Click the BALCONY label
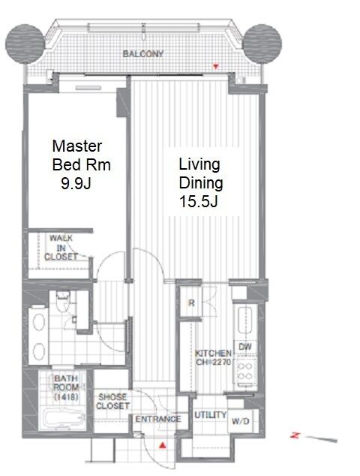[142, 54]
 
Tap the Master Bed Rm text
[81, 155]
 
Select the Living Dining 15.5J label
[201, 182]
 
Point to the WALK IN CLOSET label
[61, 248]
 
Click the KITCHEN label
[213, 354]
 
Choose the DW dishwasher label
[245, 347]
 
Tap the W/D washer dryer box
[241, 421]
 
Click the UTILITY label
[211, 414]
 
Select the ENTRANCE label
[158, 419]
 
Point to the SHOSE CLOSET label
[112, 401]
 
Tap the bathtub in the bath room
[63, 420]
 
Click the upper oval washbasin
[39, 322]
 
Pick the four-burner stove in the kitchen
[245, 372]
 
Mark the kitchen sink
[244, 321]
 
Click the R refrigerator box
[191, 303]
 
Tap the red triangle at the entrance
[163, 446]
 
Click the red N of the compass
[295, 435]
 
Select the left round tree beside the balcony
[25, 44]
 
